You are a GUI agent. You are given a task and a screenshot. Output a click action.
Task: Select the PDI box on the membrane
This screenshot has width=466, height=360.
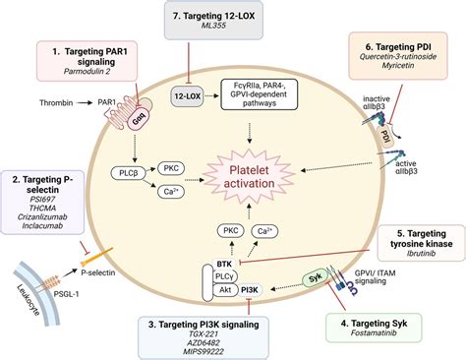coord(386,134)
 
